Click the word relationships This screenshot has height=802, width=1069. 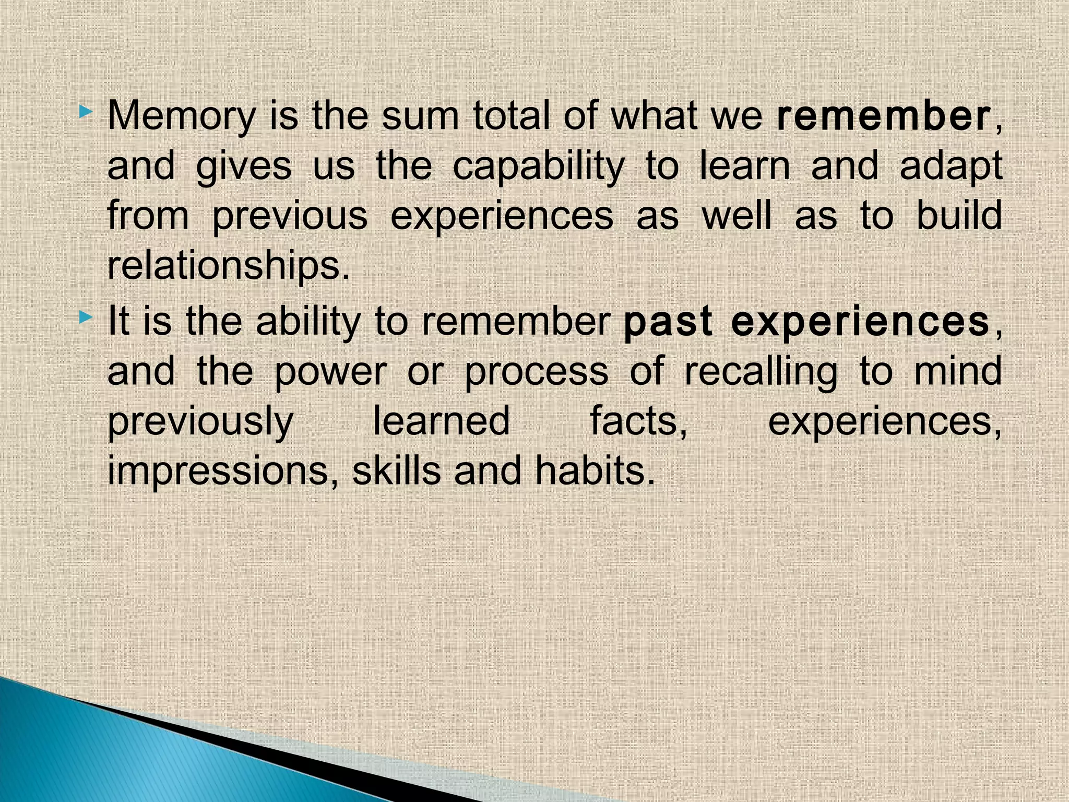pos(228,266)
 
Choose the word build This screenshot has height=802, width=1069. pos(959,215)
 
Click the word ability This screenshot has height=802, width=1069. pos(308,322)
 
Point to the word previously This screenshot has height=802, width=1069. pos(200,422)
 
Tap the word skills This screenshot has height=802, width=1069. pos(396,470)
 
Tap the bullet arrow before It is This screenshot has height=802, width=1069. pos(87,316)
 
